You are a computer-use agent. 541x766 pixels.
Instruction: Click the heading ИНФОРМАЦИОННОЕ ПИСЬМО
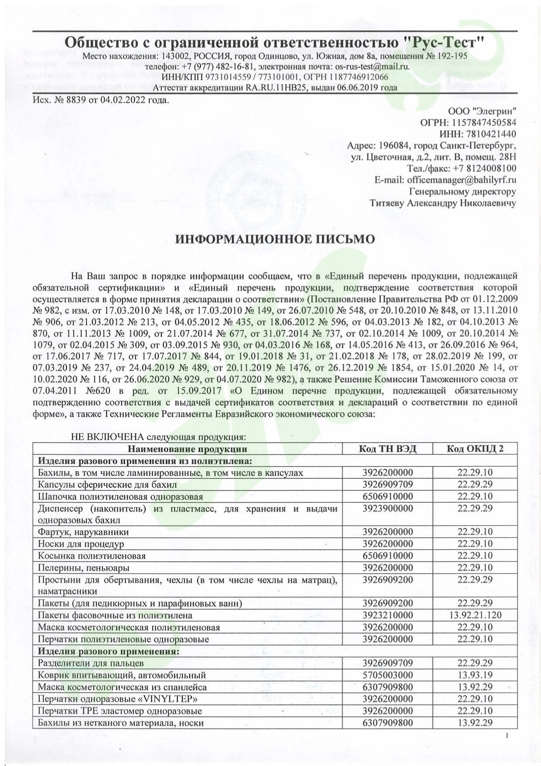tap(275, 239)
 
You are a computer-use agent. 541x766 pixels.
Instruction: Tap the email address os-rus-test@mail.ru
tap(372, 67)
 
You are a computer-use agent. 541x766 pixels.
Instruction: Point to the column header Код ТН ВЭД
tap(388, 449)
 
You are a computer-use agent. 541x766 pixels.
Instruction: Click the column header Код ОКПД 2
tap(475, 449)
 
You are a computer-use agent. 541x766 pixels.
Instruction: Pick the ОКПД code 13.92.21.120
tap(475, 615)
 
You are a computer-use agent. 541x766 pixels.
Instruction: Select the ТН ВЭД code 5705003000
tap(388, 675)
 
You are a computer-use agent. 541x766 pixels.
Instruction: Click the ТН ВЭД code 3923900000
tap(388, 508)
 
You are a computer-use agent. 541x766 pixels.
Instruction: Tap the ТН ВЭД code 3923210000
tap(388, 615)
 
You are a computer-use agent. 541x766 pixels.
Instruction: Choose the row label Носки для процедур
tap(81, 544)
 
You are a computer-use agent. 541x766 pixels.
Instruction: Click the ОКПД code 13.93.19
tap(475, 675)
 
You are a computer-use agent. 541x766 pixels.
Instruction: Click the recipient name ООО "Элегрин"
tap(482, 110)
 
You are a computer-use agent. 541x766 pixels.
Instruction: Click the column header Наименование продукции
tap(187, 449)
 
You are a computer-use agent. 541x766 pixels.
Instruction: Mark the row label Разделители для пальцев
tap(91, 663)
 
